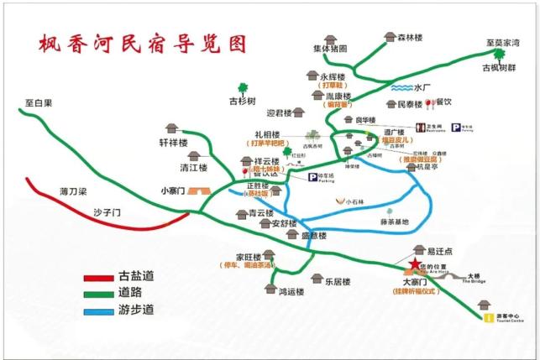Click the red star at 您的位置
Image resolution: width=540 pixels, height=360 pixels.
coord(413,266)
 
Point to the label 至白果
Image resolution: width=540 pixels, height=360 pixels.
coord(38,103)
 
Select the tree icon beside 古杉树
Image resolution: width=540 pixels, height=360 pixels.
coord(244,86)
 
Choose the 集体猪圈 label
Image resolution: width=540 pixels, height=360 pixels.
coord(330,48)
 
